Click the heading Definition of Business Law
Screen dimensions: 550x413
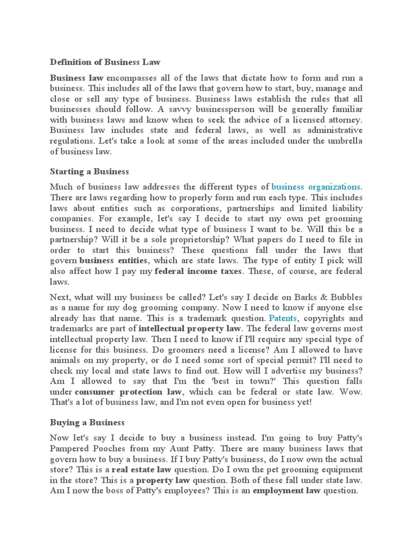click(105, 62)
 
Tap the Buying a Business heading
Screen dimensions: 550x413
click(87, 422)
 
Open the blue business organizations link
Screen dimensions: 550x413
click(316, 187)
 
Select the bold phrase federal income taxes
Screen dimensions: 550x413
click(198, 271)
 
